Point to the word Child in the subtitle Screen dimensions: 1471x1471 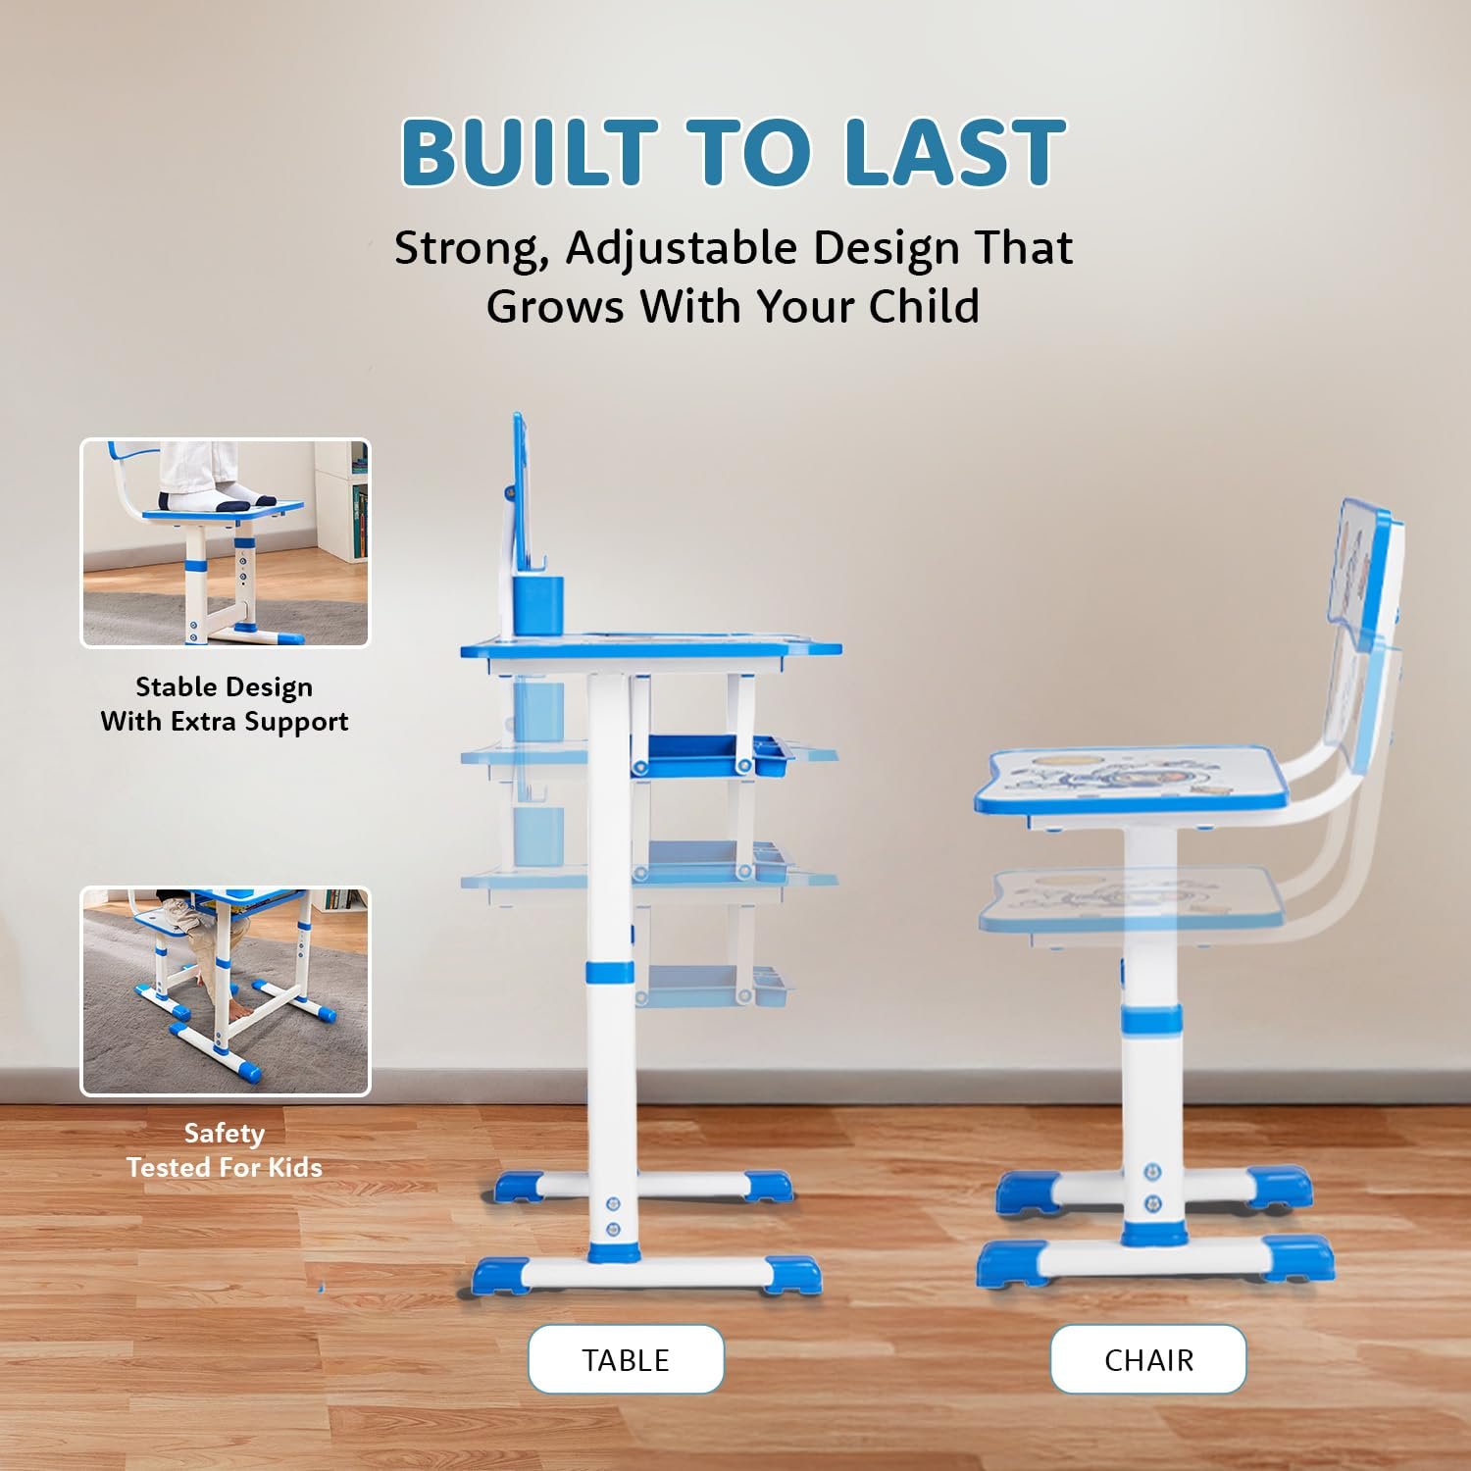(x=924, y=306)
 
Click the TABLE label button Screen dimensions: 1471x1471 (x=626, y=1359)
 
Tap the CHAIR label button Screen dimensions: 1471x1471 (x=1148, y=1359)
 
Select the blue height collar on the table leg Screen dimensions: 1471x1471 (x=610, y=973)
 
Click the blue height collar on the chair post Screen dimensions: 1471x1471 (x=1150, y=1020)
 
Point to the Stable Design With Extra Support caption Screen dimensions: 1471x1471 (x=225, y=704)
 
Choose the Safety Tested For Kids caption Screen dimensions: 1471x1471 (x=225, y=1150)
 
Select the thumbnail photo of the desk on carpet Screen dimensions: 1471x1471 (x=226, y=991)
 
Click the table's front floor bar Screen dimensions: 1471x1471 (x=647, y=1275)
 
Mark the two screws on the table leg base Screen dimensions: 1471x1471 (x=614, y=1215)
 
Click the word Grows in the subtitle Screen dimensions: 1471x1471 (x=556, y=306)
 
